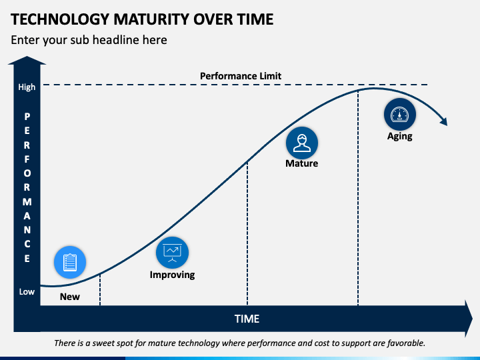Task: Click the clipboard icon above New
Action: coord(70,263)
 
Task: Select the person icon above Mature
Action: coord(302,143)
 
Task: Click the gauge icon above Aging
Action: coord(400,115)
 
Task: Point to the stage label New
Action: coord(70,297)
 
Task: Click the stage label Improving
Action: coord(172,275)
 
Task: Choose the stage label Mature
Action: coord(302,163)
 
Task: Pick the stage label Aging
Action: coord(400,136)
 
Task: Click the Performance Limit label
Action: coord(241,76)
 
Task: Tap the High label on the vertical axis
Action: coord(27,87)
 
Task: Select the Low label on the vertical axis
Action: coord(27,292)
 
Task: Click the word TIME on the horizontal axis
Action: coord(247,319)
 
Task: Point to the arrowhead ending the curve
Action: coord(443,121)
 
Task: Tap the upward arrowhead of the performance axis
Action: coord(27,61)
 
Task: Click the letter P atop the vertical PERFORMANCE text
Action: coord(27,115)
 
